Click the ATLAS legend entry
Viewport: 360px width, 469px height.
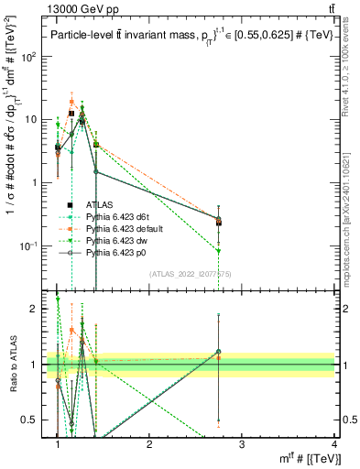pyautogui.click(x=98, y=204)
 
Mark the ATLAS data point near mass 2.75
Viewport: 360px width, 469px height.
pyautogui.click(x=218, y=221)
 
